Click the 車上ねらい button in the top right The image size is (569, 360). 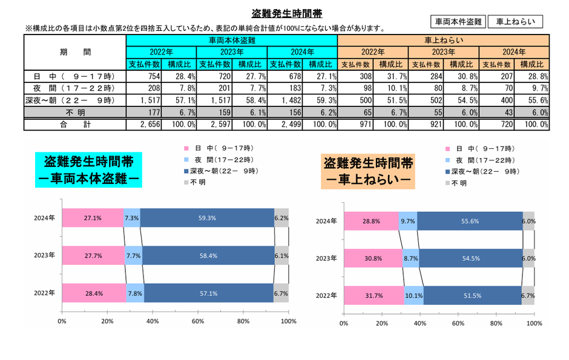pos(515,21)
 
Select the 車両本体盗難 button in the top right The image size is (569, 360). pos(458,21)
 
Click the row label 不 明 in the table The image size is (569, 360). pos(75,112)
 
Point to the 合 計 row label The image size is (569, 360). pos(75,125)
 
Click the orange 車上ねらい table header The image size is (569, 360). pos(443,40)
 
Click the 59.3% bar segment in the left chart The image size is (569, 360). pos(207,218)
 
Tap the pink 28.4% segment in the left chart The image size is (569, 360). pos(93,293)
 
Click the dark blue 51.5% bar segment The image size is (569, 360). pos(472,296)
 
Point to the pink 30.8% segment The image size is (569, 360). pos(373,258)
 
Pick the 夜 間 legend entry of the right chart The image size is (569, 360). pos(484,160)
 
